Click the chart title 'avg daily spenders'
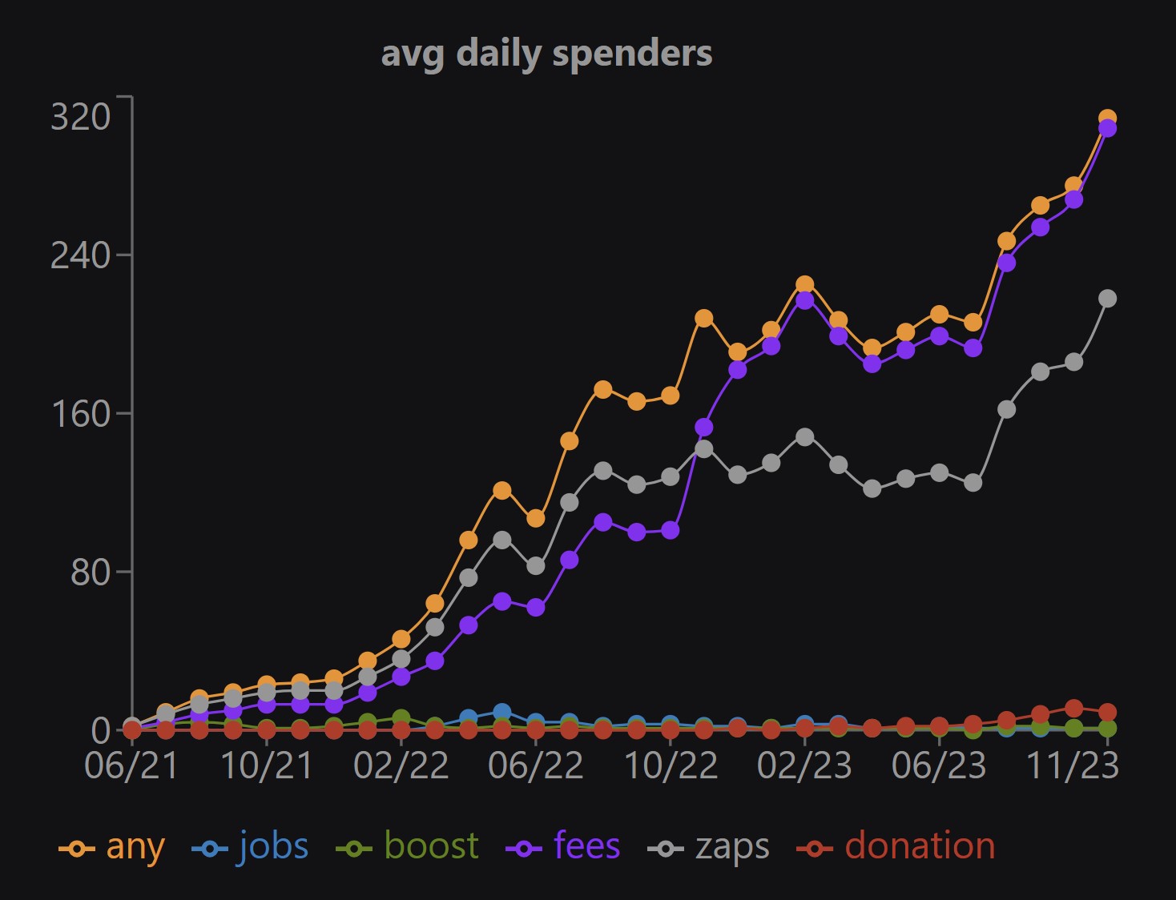coord(546,54)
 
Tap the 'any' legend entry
coord(113,847)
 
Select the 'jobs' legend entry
coord(251,847)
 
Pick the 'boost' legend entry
coord(408,847)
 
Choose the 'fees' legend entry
coord(563,847)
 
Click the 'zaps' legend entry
coord(709,847)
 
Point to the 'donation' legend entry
coord(896,847)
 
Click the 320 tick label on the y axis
coord(80,117)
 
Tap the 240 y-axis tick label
coord(80,255)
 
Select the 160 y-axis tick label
coord(80,414)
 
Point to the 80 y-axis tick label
coord(90,572)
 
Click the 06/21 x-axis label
coord(131,766)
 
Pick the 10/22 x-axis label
coord(671,766)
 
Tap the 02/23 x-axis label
coord(805,766)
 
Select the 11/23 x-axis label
coord(1073,766)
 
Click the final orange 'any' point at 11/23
coord(1107,119)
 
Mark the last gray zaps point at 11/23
coord(1107,299)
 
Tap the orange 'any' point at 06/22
coord(536,519)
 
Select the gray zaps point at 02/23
coord(805,437)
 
